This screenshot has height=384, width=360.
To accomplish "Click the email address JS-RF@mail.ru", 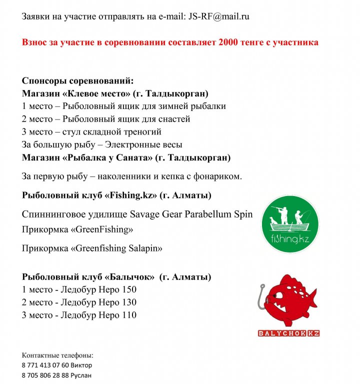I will pos(219,16).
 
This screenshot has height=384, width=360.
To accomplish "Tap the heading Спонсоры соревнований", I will pos(77,81).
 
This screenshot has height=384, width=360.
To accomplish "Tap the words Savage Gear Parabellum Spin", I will pos(191,214).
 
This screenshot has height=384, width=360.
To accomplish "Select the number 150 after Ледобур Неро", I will pos(129,289).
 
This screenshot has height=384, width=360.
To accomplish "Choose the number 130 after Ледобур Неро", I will pos(129,302).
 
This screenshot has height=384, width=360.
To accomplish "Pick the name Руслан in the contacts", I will pos(81,375).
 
